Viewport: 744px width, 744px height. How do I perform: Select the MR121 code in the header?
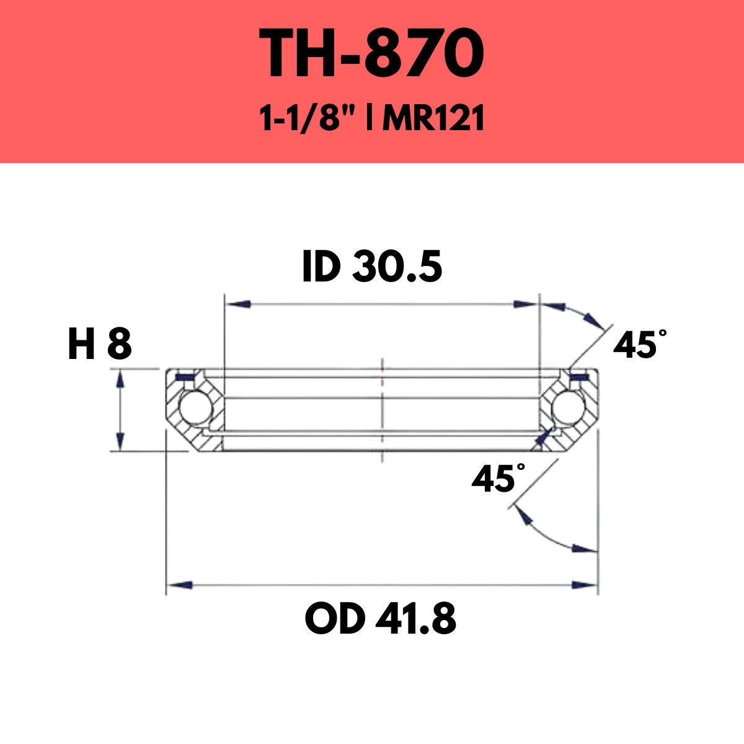click(x=433, y=119)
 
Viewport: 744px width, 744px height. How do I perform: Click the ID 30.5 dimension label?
click(x=372, y=268)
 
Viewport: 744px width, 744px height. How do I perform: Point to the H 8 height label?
click(x=99, y=345)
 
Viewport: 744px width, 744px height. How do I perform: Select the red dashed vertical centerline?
click(x=383, y=409)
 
